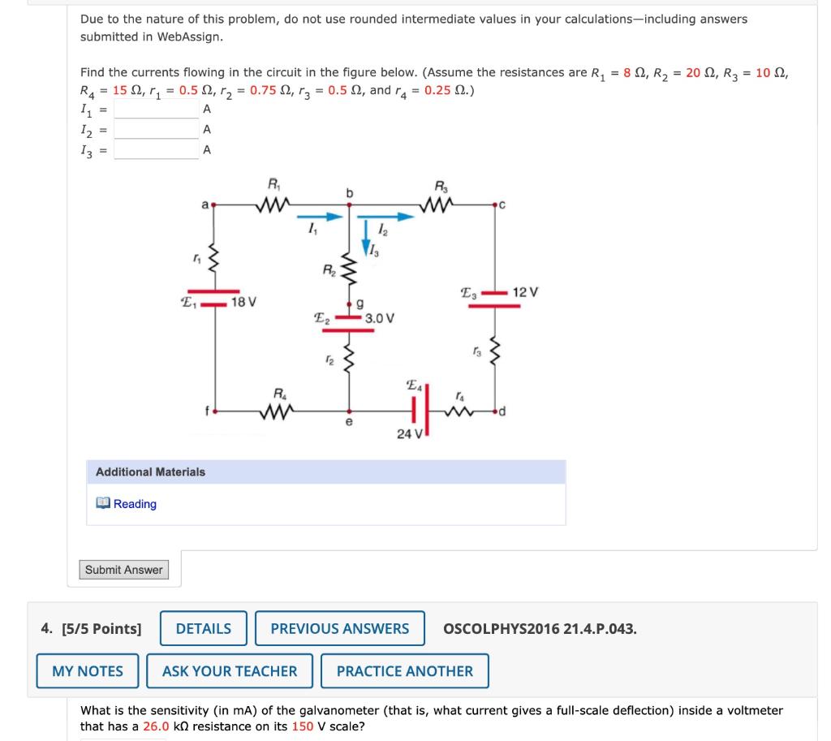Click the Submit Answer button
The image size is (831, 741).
point(124,570)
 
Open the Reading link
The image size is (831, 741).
point(135,504)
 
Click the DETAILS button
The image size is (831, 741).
point(203,628)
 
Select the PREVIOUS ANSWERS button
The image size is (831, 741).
point(339,628)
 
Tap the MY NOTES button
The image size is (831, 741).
point(88,671)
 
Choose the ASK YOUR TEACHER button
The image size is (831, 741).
point(230,671)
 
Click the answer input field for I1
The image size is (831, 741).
point(157,110)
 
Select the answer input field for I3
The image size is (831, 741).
point(157,150)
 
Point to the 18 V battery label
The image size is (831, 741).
point(243,302)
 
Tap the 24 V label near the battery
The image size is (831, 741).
point(409,433)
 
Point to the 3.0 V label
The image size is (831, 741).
point(380,317)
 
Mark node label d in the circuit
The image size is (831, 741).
point(503,412)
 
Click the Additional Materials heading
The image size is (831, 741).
point(150,472)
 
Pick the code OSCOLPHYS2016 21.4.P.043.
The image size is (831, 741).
point(540,628)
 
